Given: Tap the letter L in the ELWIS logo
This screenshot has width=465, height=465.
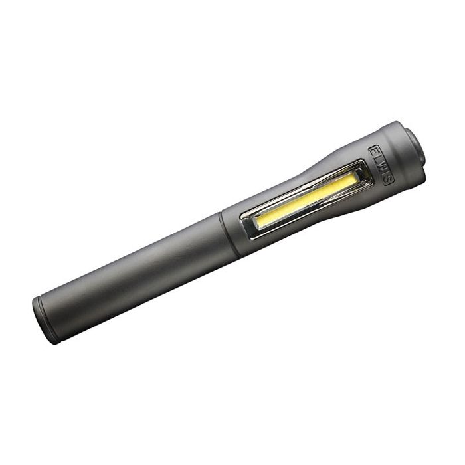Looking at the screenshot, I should click(x=377, y=158).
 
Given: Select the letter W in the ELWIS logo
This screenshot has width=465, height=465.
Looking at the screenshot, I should click(x=382, y=165).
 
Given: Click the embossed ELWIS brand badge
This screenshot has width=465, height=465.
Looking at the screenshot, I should click(x=381, y=165).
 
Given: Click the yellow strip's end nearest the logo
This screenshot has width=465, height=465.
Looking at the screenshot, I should click(x=352, y=180).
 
